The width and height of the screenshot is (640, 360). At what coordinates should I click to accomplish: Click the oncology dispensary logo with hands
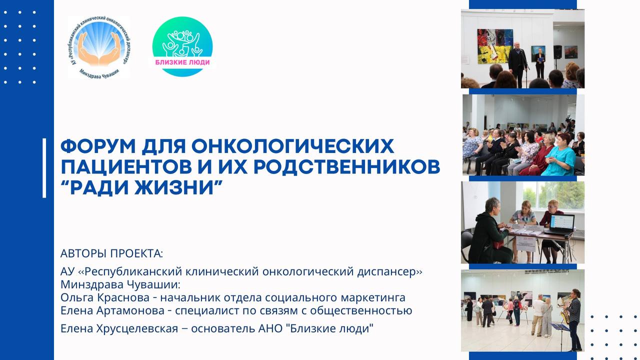coord(99,47)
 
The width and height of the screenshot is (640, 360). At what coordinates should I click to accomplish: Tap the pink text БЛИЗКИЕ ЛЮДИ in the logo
coord(182,62)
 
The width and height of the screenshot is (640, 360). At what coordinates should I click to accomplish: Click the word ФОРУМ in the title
coord(98,146)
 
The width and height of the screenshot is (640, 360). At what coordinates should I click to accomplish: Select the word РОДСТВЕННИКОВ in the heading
coord(347,167)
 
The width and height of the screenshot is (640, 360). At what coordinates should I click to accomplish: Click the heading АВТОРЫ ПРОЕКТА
coord(111,253)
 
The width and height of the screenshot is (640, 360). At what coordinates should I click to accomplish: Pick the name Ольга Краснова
coord(105,297)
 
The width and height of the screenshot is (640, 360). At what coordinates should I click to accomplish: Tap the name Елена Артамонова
coord(112,310)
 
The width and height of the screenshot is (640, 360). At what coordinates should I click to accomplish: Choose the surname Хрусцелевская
coord(137,328)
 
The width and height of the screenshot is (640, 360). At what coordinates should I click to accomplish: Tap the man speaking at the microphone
coord(517,65)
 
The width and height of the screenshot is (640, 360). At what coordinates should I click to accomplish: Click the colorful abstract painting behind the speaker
coord(495,46)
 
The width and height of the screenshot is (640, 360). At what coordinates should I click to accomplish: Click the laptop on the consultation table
coord(561,224)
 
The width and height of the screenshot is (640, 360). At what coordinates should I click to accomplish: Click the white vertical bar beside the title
coord(44,168)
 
